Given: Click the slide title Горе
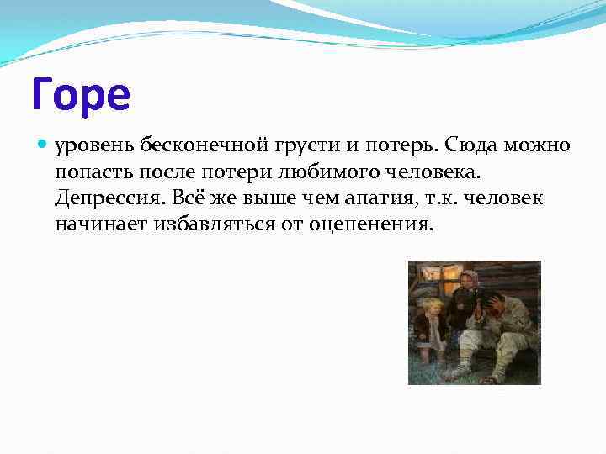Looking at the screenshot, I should (82, 94).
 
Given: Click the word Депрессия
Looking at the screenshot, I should (109, 198).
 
